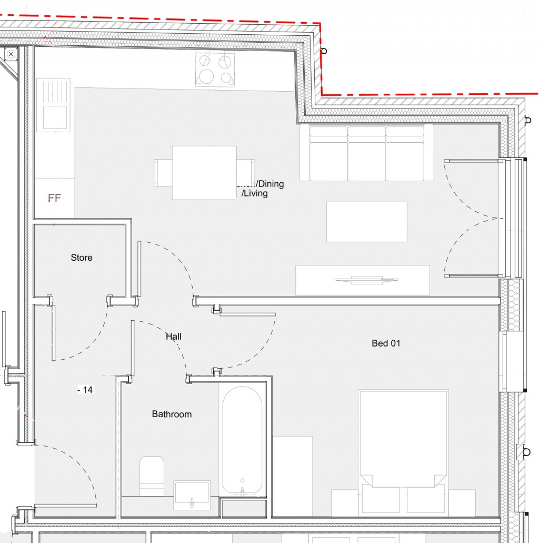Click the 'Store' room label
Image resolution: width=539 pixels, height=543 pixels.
[x=82, y=258]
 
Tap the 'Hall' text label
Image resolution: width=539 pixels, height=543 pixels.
[x=174, y=336]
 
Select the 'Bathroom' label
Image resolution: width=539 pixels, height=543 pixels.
[x=172, y=414]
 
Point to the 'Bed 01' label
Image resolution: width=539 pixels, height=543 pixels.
[x=386, y=343]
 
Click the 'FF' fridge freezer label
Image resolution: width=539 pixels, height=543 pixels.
[x=54, y=198]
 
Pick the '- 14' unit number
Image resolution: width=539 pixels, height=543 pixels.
[x=85, y=390]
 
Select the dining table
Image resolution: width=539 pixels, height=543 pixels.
[x=204, y=173]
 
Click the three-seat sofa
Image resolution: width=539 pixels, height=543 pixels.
[x=366, y=153]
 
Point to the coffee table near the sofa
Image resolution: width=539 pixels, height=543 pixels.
[x=366, y=222]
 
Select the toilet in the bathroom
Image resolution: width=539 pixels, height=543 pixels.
[x=152, y=476]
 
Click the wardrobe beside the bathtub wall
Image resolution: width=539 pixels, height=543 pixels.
[x=293, y=476]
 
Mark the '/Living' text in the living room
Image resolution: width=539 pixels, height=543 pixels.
[x=255, y=193]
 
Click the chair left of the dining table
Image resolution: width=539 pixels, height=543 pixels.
[x=163, y=173]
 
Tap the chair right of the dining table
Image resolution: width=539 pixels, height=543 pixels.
[x=246, y=173]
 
